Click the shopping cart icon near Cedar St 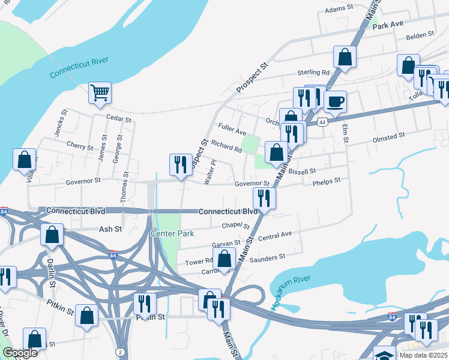[100, 92]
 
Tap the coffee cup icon [336, 101]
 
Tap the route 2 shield [121, 352]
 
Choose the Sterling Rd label [313, 73]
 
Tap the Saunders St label [267, 257]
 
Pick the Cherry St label [80, 146]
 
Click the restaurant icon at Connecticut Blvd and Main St [264, 197]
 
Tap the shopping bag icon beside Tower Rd [224, 259]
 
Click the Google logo [20, 353]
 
